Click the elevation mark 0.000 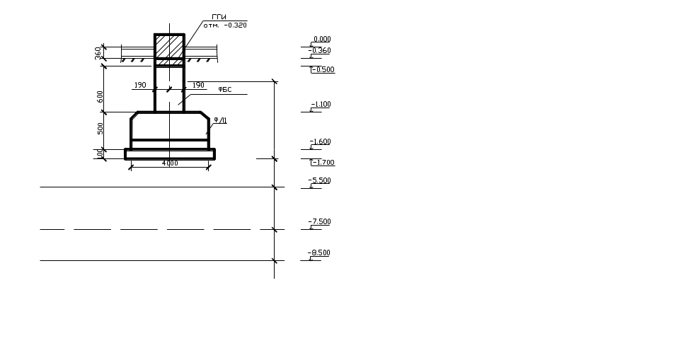(321, 40)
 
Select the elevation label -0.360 (321, 51)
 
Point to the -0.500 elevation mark (323, 69)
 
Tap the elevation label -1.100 (321, 105)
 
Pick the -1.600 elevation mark (321, 142)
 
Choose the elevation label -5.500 (321, 181)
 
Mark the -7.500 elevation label (321, 222)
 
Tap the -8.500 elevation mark (321, 253)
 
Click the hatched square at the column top (169, 46)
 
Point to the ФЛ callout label (220, 121)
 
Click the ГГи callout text (218, 17)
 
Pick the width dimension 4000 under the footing (170, 163)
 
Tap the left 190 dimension (140, 86)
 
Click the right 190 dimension (198, 86)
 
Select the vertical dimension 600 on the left (100, 95)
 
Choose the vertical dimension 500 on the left (100, 128)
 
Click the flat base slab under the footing (170, 153)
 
